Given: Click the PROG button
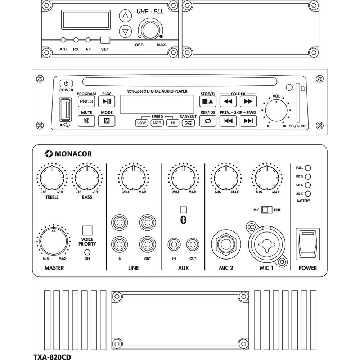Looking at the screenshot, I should (x=86, y=102).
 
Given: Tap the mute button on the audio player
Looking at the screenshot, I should (x=86, y=121).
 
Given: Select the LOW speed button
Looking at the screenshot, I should (x=142, y=123).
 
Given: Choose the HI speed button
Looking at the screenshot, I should (x=173, y=123).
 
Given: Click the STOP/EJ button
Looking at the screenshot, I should (x=208, y=102).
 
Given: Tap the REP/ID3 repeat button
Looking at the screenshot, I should (x=208, y=121).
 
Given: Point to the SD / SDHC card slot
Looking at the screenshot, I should (x=298, y=104).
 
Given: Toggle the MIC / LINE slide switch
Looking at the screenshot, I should (x=267, y=210).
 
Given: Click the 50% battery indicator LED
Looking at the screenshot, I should (x=308, y=185).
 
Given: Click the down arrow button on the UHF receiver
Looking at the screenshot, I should (x=125, y=31).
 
